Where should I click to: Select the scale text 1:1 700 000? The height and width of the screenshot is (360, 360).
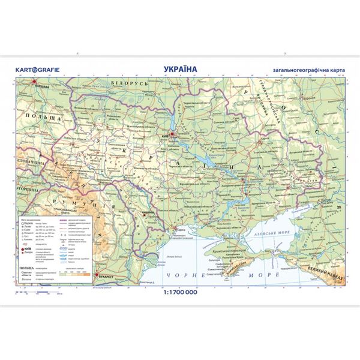(x=179, y=293)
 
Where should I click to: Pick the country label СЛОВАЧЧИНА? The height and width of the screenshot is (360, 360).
(x=25, y=163)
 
